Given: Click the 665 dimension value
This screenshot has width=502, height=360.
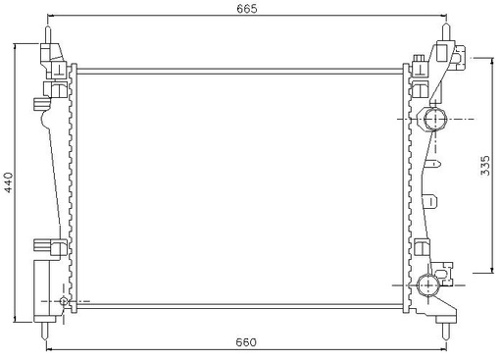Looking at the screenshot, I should pyautogui.click(x=246, y=9).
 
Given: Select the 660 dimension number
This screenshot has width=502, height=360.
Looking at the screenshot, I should pyautogui.click(x=246, y=341).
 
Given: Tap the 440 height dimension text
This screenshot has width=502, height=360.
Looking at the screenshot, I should pyautogui.click(x=9, y=181).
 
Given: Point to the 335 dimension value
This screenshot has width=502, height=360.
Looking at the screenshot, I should pyautogui.click(x=485, y=166).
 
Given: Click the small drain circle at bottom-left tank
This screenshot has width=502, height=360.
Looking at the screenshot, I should pyautogui.click(x=65, y=300).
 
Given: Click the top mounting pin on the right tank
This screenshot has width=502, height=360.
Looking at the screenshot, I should pyautogui.click(x=449, y=29).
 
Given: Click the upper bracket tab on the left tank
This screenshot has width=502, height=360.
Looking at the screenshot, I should pyautogui.click(x=40, y=101).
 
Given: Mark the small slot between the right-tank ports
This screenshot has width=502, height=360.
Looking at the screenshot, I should pyautogui.click(x=429, y=202).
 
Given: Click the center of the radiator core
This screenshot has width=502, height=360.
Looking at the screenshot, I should pyautogui.click(x=239, y=184).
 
